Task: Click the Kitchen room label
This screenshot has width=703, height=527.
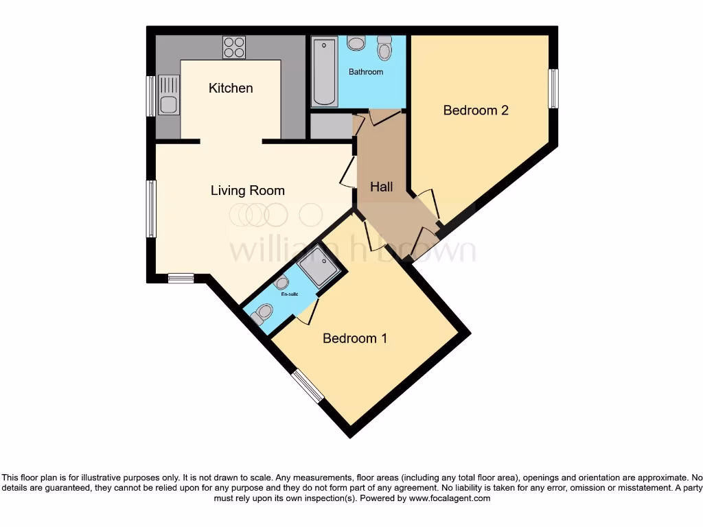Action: point(231,88)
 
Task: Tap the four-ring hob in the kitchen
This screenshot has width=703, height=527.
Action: point(233,47)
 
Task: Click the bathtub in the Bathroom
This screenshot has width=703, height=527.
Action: point(324,72)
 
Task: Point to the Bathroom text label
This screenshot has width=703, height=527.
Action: point(366,72)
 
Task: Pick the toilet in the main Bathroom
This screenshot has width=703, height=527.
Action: point(384,49)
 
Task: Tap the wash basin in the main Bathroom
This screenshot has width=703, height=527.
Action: point(356,43)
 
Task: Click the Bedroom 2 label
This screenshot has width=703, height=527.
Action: point(476,110)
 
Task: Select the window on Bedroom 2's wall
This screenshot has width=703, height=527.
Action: point(553,88)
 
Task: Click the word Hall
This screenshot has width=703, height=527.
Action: point(381,186)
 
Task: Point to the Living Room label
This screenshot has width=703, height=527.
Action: point(247,191)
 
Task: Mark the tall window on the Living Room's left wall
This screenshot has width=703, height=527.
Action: point(151,209)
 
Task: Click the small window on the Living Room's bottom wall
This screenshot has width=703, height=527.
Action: point(181,278)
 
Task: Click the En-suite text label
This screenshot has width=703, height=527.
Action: point(289,294)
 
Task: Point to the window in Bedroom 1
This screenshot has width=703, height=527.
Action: point(307,386)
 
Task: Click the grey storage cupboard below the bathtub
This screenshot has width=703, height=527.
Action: point(330,126)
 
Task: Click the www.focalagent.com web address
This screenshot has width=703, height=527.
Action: point(449,498)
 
